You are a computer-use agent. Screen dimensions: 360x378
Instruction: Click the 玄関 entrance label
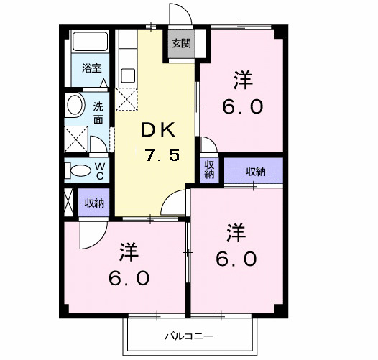pos(180,43)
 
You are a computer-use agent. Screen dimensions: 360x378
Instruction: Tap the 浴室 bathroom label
pos(91,69)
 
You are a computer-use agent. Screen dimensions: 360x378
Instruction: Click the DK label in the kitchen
pos(157,130)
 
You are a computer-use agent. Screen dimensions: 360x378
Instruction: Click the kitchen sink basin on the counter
pos(128,75)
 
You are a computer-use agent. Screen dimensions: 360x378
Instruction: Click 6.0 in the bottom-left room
pos(129,277)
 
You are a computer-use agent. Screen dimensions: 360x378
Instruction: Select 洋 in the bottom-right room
pos(236,234)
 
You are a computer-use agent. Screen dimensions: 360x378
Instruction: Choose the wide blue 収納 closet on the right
pos(254,171)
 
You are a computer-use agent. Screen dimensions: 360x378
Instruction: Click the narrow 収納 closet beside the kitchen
pos(209,170)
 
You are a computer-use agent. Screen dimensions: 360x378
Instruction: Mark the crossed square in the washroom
pos(75,137)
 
